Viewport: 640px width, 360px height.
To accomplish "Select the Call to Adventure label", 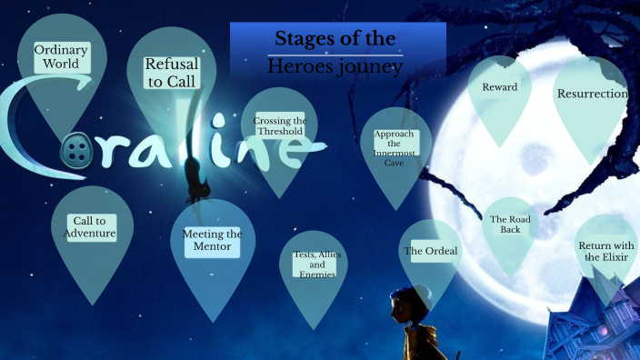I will point(90,227).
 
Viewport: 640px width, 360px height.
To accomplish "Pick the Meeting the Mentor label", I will point(212,242).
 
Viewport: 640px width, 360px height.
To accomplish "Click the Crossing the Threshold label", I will point(279,125).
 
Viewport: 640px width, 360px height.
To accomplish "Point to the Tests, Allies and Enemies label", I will point(315,264).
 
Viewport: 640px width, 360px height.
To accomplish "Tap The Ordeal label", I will point(430,251).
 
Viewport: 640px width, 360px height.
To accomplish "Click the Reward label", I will point(499,87).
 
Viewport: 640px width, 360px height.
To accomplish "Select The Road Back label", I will point(509,224).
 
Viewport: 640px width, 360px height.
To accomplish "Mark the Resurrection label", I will point(591,94).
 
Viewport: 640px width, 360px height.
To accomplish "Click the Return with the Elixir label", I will point(605,252).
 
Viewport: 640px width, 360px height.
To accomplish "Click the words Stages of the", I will point(335,39).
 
